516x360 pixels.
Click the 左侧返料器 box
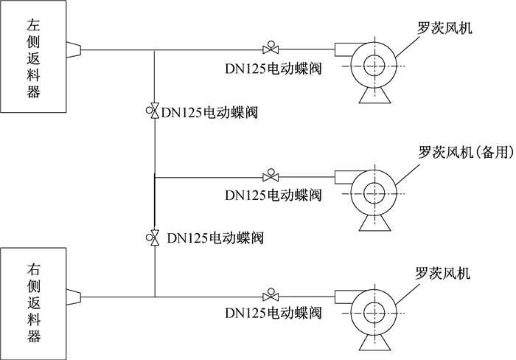(33, 56)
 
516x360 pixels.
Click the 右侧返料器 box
(33, 304)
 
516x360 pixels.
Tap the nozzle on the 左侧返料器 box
(74, 49)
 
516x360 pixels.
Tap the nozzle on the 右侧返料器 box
(74, 297)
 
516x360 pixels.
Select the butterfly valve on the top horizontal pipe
(271, 48)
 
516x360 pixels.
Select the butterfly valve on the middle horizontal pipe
(271, 176)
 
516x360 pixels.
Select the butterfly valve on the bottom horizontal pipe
(271, 295)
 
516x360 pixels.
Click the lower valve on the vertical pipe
(153, 238)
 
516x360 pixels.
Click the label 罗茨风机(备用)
(466, 152)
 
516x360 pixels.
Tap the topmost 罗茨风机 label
(444, 27)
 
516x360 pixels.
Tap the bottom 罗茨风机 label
(442, 274)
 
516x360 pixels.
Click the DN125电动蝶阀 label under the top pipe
(273, 69)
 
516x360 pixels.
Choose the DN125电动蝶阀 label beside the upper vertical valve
(209, 113)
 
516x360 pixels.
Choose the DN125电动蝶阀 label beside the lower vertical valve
(215, 238)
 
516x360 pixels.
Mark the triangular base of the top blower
(374, 95)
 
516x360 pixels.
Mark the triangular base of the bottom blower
(374, 342)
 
